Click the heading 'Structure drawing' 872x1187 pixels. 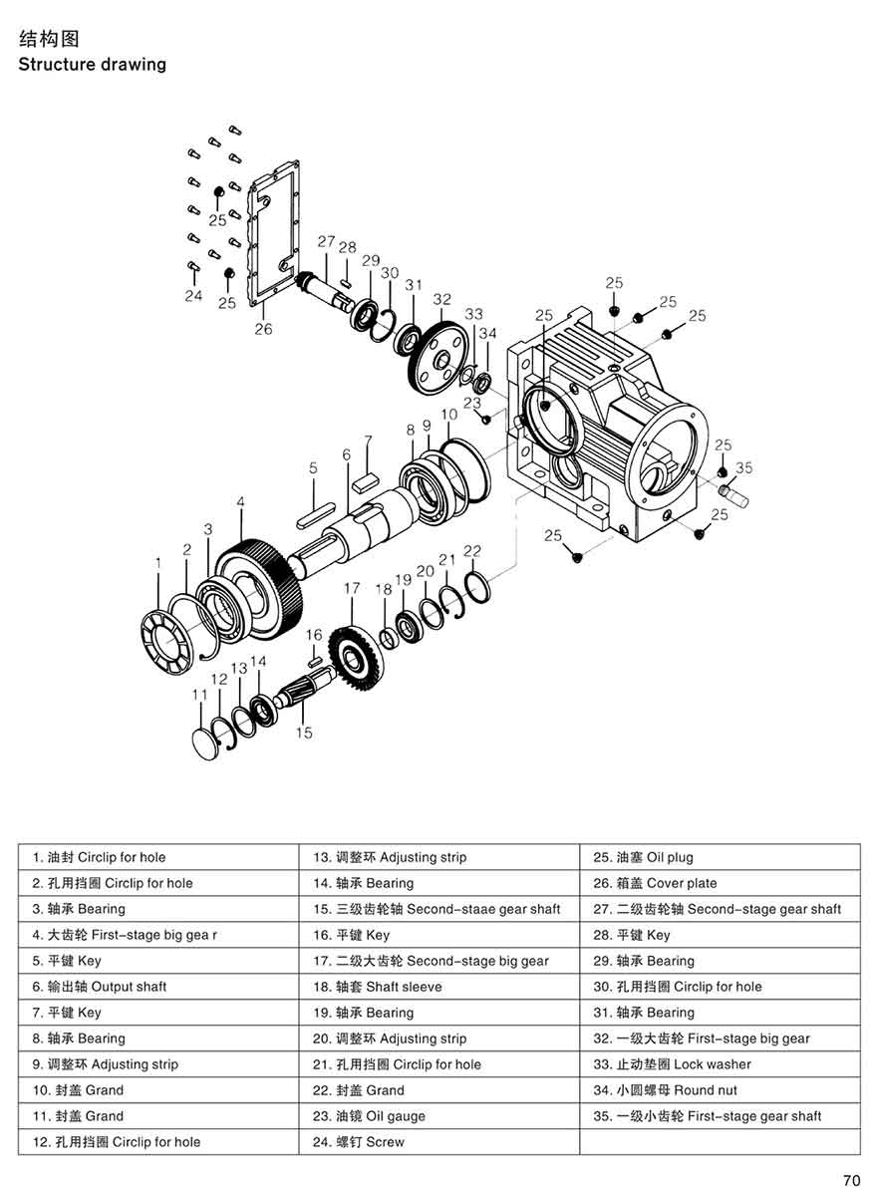pyautogui.click(x=93, y=65)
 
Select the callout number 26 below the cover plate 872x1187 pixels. pyautogui.click(x=263, y=329)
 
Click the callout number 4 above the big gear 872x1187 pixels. pyautogui.click(x=240, y=503)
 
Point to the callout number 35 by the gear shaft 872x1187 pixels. pyautogui.click(x=744, y=466)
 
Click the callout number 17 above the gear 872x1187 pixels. pyautogui.click(x=351, y=589)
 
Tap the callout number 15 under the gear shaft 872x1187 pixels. pyautogui.click(x=304, y=733)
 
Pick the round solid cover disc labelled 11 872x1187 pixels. pyautogui.click(x=206, y=742)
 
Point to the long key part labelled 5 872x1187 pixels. pyautogui.click(x=315, y=517)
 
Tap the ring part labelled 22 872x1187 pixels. pyautogui.click(x=476, y=587)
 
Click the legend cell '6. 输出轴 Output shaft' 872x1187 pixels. pyautogui.click(x=100, y=987)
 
